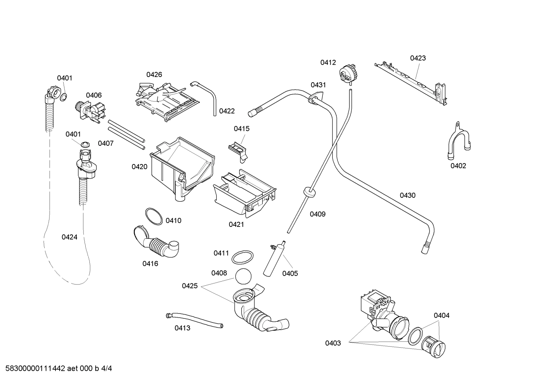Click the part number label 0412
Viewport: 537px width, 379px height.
328,62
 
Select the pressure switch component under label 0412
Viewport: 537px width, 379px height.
348,73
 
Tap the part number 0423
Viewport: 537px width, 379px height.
418,58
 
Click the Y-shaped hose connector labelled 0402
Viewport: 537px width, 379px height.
458,142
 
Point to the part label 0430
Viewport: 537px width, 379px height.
407,195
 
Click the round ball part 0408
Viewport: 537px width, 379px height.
243,276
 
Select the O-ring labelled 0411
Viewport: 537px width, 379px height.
243,257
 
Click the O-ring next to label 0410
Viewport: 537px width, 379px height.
153,216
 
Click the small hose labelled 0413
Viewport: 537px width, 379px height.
194,320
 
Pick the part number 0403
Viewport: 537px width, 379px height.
333,343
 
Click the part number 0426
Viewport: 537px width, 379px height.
154,74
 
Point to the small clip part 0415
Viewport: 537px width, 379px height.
239,149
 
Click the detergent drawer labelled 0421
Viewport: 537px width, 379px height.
244,193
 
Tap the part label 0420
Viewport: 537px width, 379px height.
139,167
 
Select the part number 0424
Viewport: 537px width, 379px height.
69,237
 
